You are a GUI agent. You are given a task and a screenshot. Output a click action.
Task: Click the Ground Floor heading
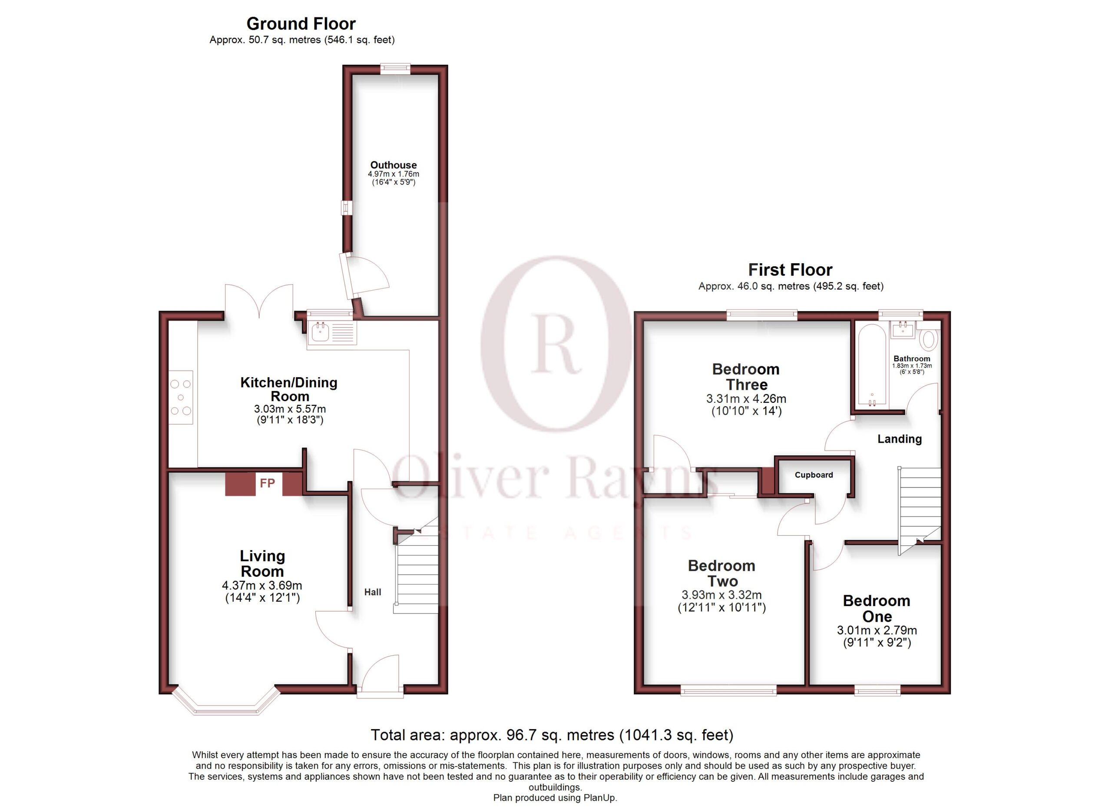tap(301, 23)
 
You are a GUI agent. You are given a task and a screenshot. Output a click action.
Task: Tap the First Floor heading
tap(790, 270)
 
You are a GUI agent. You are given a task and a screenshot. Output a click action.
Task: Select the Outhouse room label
tap(393, 165)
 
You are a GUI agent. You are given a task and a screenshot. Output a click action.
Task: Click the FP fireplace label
tap(267, 484)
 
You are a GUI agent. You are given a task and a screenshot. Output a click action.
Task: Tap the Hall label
tap(373, 592)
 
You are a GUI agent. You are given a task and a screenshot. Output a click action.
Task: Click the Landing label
tap(899, 439)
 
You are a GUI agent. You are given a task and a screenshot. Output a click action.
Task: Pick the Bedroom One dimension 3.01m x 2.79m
tap(877, 630)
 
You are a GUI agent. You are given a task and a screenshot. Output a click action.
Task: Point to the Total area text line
tap(552, 735)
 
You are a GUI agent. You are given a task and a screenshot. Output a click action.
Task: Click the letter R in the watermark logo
tap(557, 343)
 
